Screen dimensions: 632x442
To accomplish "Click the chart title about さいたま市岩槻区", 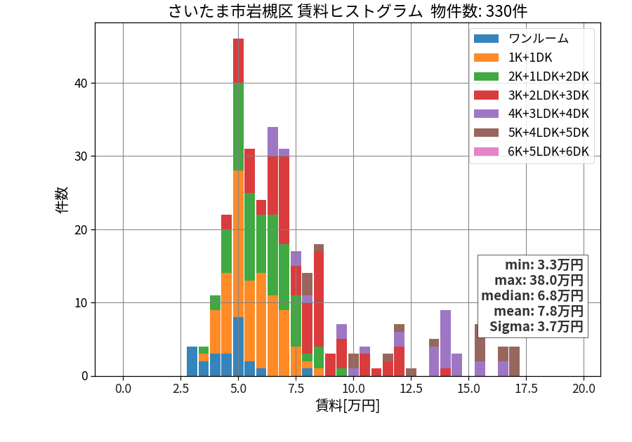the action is pyautogui.click(x=348, y=11).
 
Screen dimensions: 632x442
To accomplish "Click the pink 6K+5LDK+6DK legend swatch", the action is pyautogui.click(x=486, y=152).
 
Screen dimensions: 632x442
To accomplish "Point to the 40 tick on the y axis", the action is pyautogui.click(x=81, y=83).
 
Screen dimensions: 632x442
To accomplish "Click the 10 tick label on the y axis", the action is pyautogui.click(x=81, y=302).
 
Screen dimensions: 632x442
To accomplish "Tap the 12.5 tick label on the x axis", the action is pyautogui.click(x=411, y=389).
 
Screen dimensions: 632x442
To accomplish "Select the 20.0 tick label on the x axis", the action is pyautogui.click(x=584, y=389).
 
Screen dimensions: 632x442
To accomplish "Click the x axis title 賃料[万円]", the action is pyautogui.click(x=348, y=406).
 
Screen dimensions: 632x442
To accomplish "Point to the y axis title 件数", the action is pyautogui.click(x=62, y=200).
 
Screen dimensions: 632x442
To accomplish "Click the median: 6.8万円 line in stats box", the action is pyautogui.click(x=532, y=295).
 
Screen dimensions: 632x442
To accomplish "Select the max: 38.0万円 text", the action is pyautogui.click(x=539, y=280).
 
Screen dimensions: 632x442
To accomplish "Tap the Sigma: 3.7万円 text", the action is pyautogui.click(x=536, y=326).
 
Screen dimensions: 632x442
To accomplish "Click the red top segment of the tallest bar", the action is pyautogui.click(x=238, y=61).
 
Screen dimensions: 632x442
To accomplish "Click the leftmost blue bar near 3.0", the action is pyautogui.click(x=192, y=361).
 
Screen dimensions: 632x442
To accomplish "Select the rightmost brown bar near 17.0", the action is pyautogui.click(x=514, y=361).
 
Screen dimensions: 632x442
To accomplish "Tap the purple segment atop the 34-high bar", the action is pyautogui.click(x=273, y=142).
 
